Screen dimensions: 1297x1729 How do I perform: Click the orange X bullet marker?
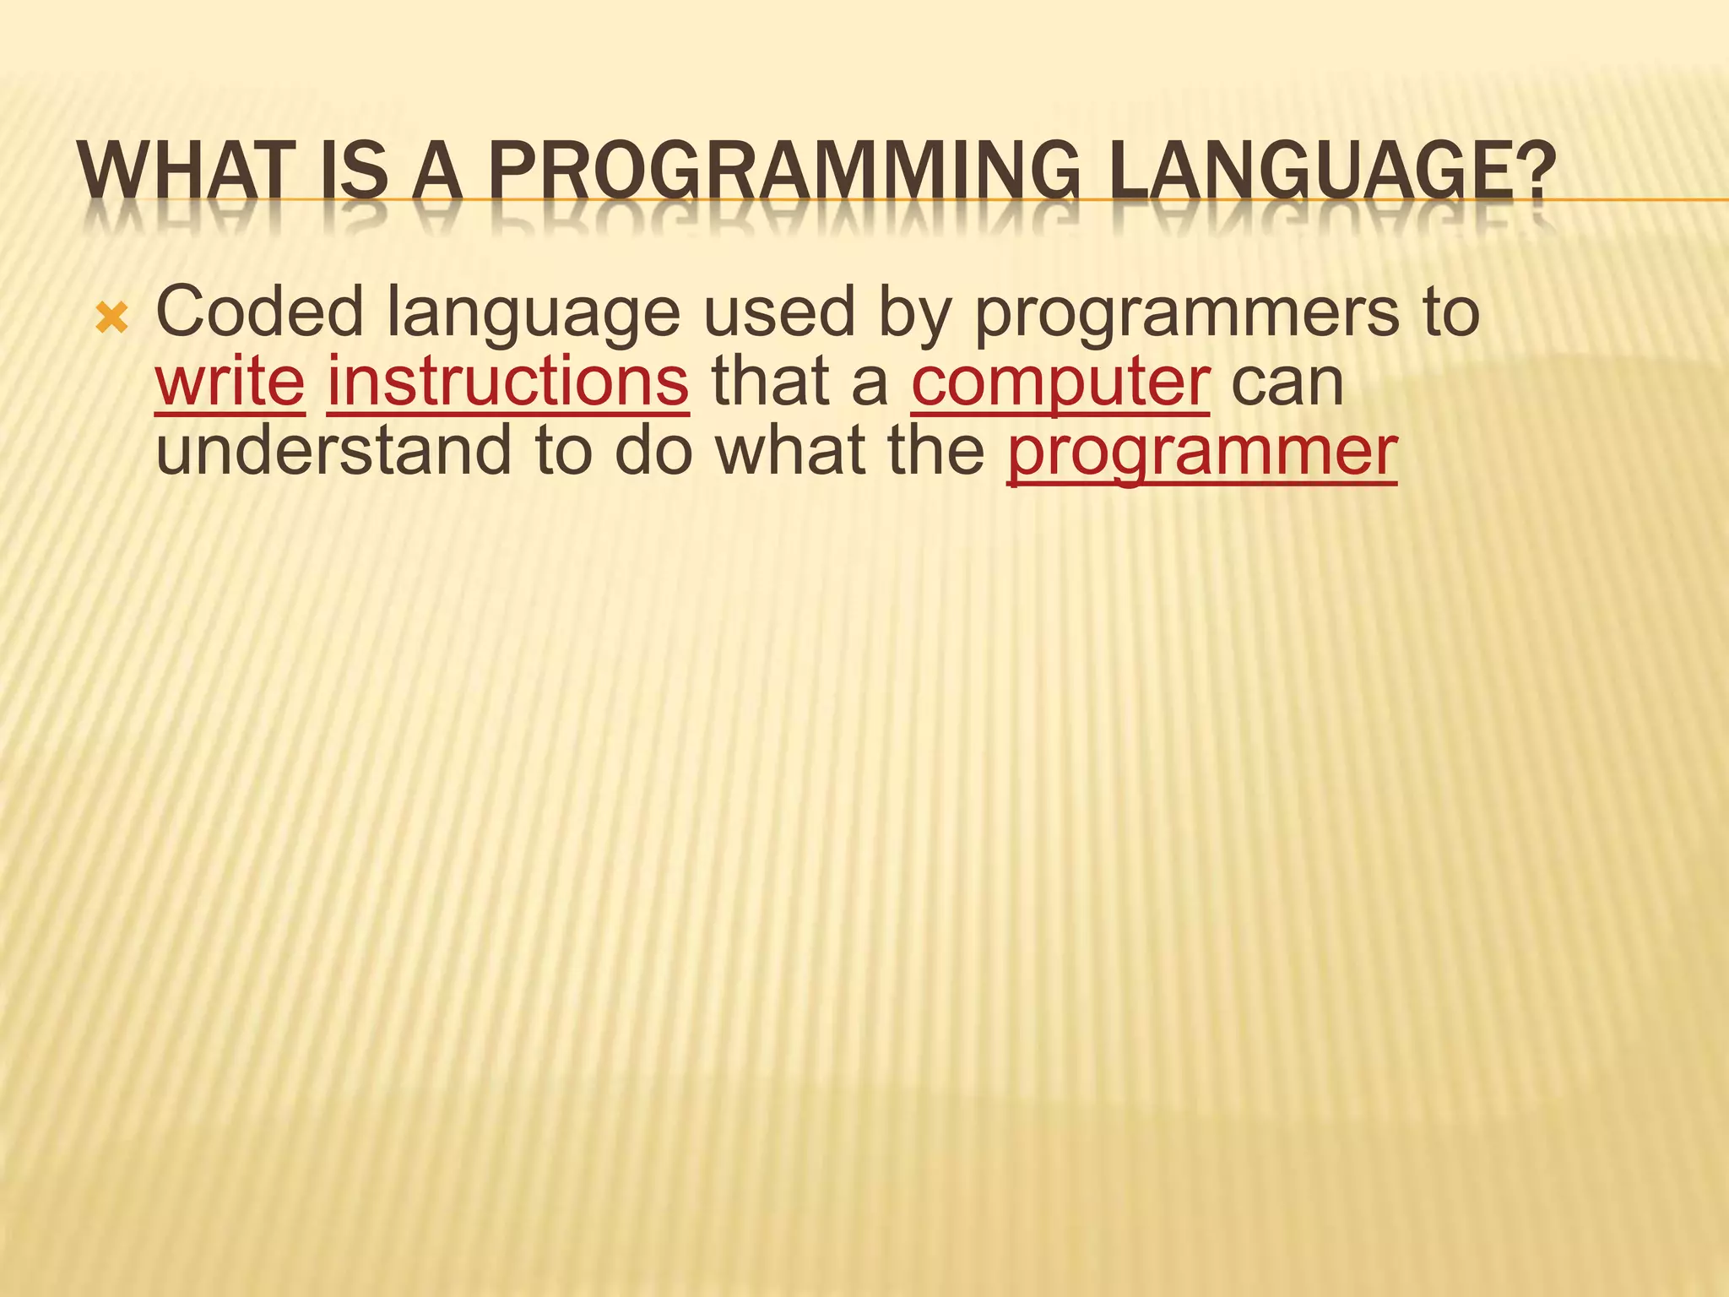pyautogui.click(x=111, y=319)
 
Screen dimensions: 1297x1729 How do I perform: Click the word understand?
pyautogui.click(x=333, y=451)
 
